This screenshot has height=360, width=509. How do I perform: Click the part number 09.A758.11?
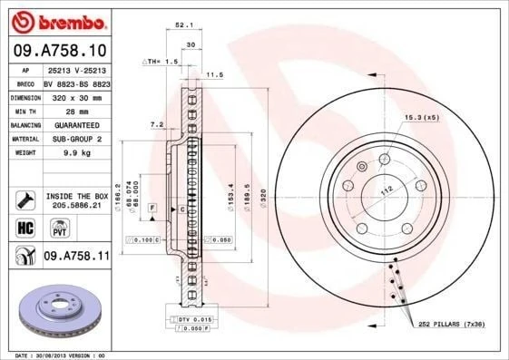point(76,257)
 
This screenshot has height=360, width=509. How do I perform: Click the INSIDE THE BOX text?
point(76,196)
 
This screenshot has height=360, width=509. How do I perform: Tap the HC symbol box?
point(24,227)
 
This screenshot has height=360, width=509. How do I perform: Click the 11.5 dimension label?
point(215,75)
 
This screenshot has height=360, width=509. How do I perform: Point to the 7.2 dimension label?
point(155,124)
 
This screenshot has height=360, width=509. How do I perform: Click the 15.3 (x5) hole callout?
point(421,117)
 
